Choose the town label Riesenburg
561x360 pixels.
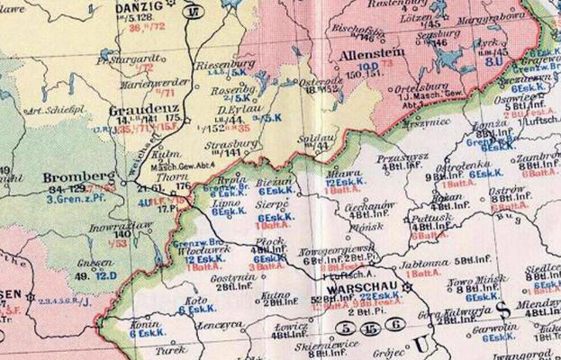pos(218,64)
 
